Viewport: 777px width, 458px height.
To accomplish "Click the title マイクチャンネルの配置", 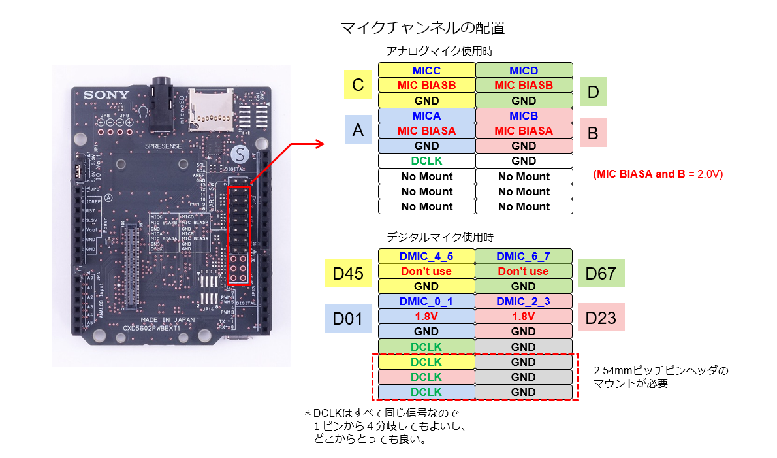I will tap(422, 28).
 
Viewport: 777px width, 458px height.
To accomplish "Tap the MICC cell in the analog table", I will tap(427, 70).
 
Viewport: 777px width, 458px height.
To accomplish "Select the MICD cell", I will tap(524, 70).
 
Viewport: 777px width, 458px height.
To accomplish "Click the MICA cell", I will tap(427, 116).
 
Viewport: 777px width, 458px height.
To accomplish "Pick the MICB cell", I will tap(524, 116).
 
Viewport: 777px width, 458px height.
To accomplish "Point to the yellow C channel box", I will tap(357, 85).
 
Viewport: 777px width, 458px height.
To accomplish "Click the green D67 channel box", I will tap(601, 273).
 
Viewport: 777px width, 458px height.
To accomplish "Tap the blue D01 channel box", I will tap(344, 318).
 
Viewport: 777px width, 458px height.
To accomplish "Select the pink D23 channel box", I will tap(601, 318).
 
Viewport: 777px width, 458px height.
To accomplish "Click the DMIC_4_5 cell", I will tap(427, 256).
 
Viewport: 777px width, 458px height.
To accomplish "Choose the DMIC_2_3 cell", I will tap(524, 301).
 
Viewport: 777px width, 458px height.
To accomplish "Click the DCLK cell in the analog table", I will tap(427, 161).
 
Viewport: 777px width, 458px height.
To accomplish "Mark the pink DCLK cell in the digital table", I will tap(427, 377).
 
